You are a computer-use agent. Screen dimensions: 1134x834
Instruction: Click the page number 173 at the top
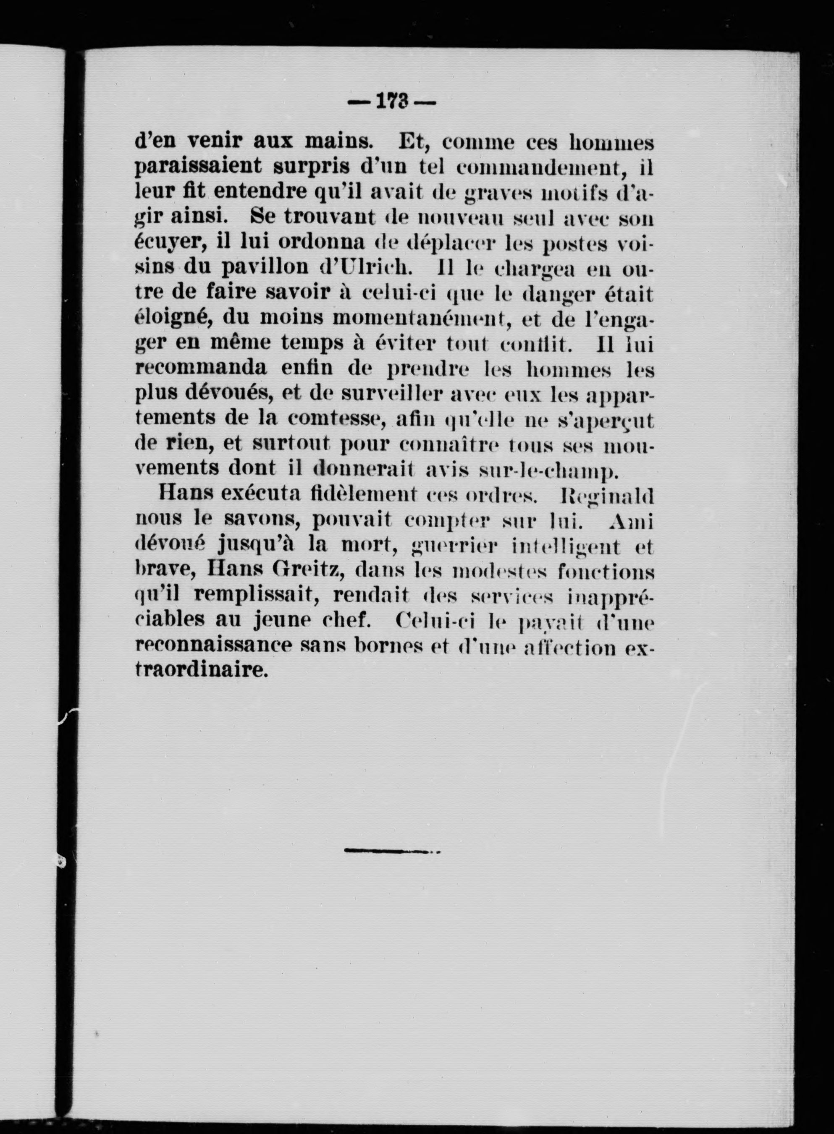392,102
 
